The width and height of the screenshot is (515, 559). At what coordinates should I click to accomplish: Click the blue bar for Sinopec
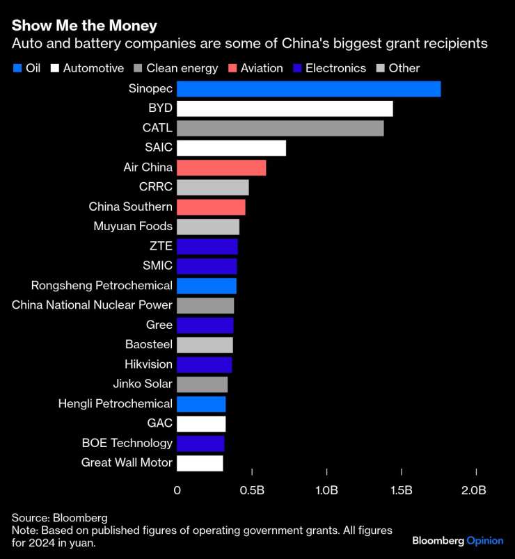pos(308,89)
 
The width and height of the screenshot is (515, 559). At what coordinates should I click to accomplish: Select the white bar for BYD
pos(285,108)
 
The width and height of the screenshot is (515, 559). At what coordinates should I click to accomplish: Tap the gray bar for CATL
pos(280,128)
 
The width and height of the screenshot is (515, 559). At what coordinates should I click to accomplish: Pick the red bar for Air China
pos(221,168)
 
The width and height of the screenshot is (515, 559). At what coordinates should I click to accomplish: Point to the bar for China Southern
pos(211,207)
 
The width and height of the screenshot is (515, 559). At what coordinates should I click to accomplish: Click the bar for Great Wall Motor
pos(200,463)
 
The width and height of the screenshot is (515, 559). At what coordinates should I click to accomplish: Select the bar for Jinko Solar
pos(202,384)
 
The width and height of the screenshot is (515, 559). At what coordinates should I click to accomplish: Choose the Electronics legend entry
pos(328,68)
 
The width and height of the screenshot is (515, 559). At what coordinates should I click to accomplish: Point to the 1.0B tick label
pos(326,490)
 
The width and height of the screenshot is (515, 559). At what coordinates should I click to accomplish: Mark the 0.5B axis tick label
pos(252,490)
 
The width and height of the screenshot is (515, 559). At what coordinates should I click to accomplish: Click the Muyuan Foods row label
pos(133,227)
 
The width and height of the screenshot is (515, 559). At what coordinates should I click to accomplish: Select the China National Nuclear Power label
pos(92,305)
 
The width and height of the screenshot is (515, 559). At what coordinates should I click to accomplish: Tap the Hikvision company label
pos(148,364)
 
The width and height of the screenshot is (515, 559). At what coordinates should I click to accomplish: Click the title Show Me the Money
pos(84,26)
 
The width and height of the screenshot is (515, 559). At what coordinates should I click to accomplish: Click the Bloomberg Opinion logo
pos(457,540)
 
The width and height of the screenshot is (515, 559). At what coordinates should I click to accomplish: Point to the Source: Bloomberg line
pos(59,518)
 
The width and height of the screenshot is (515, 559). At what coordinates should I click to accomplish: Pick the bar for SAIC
pos(231,148)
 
